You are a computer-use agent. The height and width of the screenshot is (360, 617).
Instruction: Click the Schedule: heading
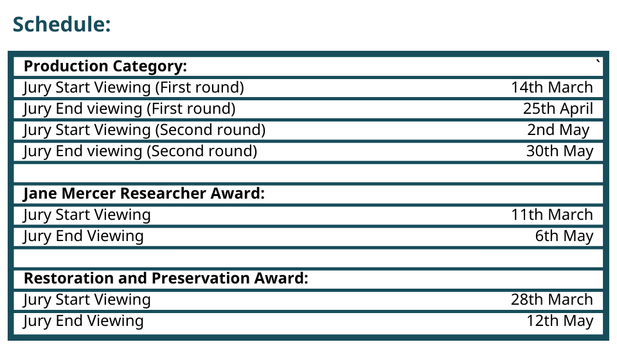(62, 24)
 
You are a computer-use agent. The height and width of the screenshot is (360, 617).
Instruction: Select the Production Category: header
(105, 66)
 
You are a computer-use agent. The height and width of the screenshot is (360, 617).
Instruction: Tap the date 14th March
(551, 87)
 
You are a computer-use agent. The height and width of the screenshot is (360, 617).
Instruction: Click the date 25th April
(558, 109)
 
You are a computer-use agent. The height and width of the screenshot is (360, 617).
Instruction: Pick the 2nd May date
(559, 130)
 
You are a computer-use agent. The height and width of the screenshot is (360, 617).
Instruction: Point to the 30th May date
(560, 151)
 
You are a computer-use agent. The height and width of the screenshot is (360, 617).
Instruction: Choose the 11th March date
(551, 215)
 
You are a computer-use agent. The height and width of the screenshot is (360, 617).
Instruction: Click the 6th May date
(564, 236)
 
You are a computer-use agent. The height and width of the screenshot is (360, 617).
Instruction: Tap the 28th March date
(551, 300)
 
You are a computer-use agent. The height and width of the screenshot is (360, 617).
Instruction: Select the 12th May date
(560, 321)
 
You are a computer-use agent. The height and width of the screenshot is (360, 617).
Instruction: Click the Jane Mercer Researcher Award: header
(144, 194)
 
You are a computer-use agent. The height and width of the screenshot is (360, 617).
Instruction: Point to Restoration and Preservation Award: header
(166, 278)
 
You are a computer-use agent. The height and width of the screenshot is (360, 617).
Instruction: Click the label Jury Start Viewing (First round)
(134, 87)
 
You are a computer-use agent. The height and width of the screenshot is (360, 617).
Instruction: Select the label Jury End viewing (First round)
(129, 109)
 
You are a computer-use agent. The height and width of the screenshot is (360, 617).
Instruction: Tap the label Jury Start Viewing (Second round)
(144, 130)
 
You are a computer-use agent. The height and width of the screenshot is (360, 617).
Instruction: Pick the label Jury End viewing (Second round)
(139, 152)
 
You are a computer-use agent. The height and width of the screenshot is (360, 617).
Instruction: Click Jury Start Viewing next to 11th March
(87, 215)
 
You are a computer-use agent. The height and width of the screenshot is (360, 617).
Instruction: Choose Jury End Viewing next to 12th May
(83, 321)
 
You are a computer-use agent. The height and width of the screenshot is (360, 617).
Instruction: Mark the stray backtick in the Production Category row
(598, 61)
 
